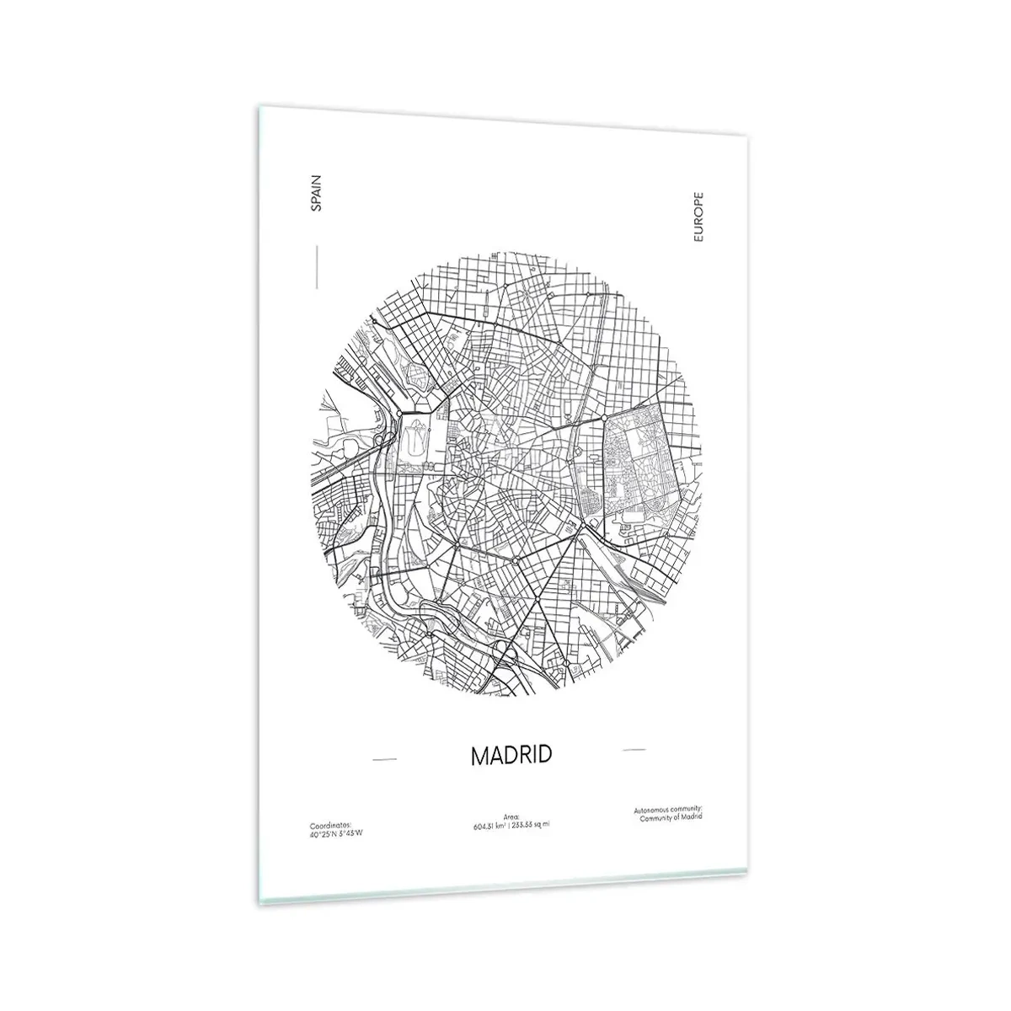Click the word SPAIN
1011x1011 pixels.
(x=316, y=193)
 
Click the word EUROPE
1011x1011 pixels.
(x=697, y=218)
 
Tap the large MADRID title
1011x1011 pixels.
(x=511, y=755)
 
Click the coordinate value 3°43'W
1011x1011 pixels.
(x=351, y=833)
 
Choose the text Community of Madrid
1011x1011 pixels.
(x=671, y=817)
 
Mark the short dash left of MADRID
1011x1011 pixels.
(x=384, y=760)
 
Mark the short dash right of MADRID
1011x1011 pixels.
(x=633, y=748)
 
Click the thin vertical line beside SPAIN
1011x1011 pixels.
(x=316, y=267)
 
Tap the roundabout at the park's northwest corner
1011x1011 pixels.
(x=605, y=417)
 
